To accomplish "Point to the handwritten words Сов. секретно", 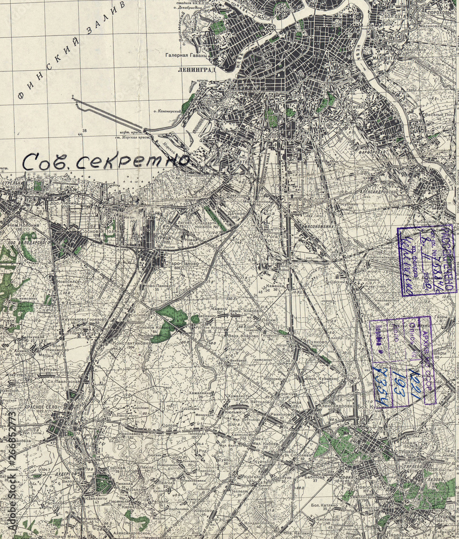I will point(108,160).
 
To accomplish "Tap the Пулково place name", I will point(314,342).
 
